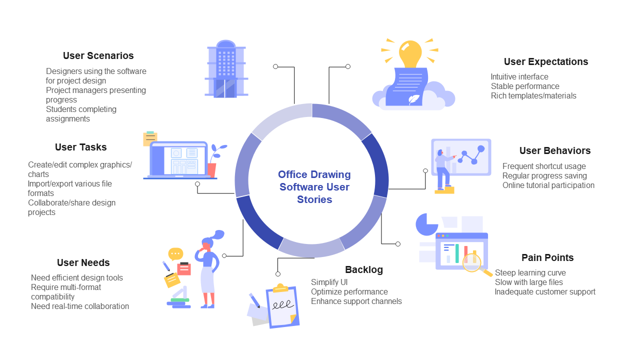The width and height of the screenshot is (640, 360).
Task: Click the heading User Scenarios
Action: tap(98, 55)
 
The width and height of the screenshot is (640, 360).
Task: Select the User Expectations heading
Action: tap(545, 61)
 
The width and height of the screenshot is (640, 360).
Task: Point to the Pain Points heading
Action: tap(547, 257)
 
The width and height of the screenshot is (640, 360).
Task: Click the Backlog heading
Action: tap(364, 269)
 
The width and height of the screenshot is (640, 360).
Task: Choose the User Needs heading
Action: tap(83, 262)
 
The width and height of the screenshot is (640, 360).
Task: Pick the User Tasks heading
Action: tap(80, 147)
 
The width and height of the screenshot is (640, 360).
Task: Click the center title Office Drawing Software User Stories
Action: tap(314, 187)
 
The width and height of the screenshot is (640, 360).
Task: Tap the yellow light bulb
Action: tap(410, 53)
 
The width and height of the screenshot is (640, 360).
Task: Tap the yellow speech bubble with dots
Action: tap(175, 253)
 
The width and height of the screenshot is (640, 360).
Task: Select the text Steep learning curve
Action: tap(530, 272)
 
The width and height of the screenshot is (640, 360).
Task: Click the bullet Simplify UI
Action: tap(329, 282)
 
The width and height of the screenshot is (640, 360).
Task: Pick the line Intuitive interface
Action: tap(519, 76)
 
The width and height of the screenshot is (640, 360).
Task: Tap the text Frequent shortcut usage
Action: tap(543, 166)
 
